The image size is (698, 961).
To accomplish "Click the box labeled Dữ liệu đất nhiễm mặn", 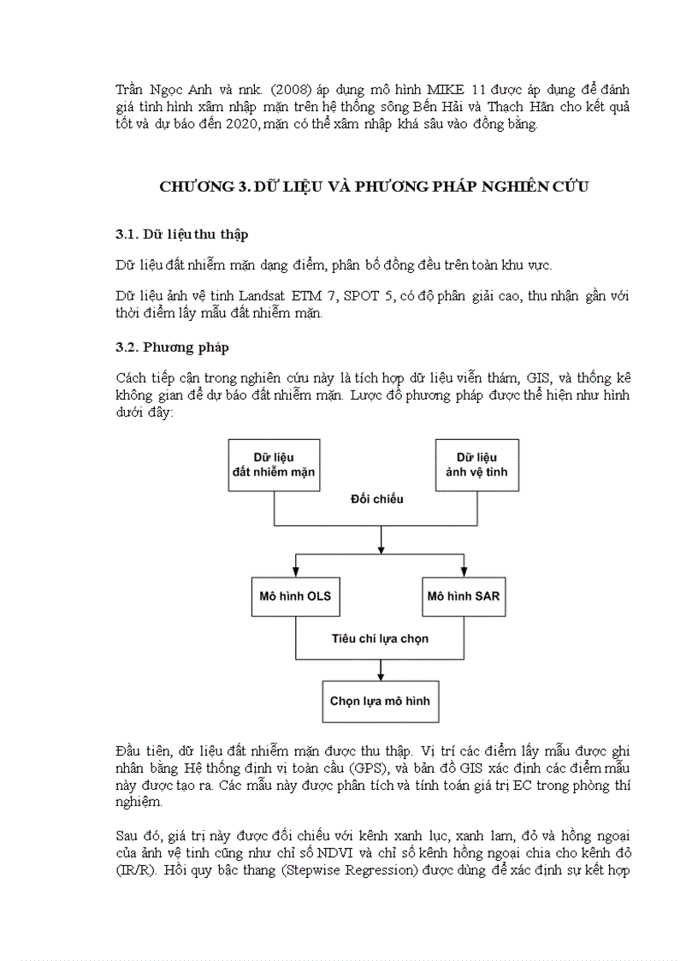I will coord(274,465).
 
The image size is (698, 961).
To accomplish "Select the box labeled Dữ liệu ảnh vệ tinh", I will coord(476,465).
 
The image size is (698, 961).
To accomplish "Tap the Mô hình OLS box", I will coord(296,596).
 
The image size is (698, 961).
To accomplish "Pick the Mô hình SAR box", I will coord(463,596).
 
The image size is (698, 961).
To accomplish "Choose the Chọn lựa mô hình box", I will coord(380,701).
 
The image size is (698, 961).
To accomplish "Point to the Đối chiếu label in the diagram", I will coord(376,498).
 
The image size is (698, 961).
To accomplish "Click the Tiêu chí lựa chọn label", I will coord(380,638).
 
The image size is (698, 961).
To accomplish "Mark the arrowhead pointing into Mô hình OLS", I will coord(296,571).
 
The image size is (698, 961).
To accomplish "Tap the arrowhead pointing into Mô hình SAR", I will coord(464,571).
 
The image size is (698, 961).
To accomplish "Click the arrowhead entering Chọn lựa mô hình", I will coord(380,675).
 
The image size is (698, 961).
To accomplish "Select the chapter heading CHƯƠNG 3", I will coord(374,187).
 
